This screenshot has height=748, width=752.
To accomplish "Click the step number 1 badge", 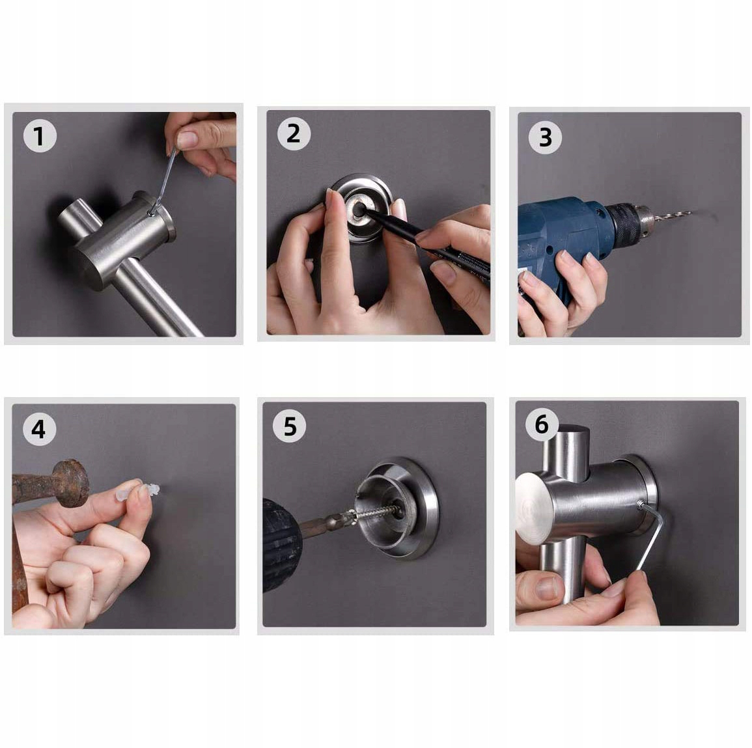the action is (40, 135).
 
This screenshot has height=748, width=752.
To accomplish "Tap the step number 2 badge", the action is (294, 133).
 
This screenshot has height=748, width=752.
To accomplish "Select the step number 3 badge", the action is (545, 137).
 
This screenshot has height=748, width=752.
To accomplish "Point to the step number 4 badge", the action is (39, 428).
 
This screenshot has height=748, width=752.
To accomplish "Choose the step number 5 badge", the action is (290, 426).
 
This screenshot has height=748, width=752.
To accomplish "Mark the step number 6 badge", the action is (542, 424).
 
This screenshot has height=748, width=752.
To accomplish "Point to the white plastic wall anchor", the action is (144, 490).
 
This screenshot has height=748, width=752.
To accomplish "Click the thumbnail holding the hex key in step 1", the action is (188, 139).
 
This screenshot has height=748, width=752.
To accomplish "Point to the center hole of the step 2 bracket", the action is (358, 210).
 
